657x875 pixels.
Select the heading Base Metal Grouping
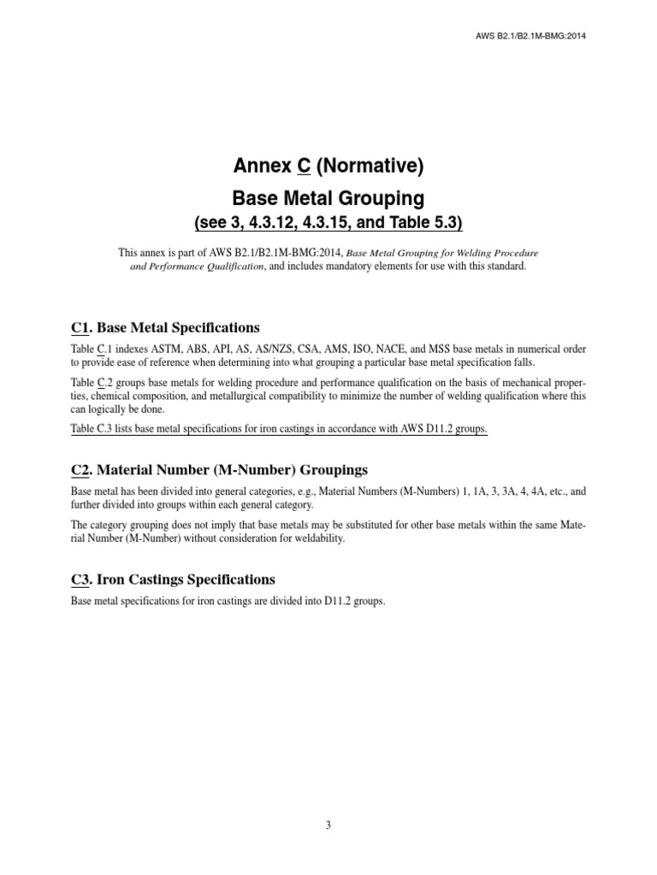point(328,198)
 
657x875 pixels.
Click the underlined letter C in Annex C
point(303,167)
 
